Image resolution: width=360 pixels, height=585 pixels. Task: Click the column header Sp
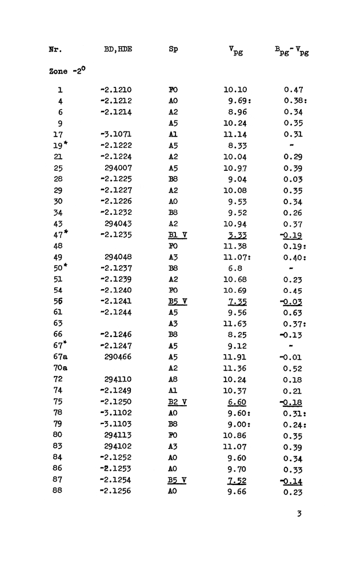(173, 49)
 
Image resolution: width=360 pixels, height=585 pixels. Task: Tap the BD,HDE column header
(118, 49)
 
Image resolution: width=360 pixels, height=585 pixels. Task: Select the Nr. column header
(55, 49)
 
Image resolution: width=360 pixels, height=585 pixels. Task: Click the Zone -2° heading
(67, 71)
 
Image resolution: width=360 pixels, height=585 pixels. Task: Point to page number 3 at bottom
(299, 514)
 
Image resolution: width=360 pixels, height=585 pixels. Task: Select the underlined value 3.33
(237, 235)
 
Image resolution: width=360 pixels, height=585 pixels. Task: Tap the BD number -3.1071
(116, 134)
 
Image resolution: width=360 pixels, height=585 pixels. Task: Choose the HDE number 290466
(118, 357)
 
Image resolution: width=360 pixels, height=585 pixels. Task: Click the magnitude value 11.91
(235, 357)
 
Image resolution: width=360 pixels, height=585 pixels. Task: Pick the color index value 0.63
(293, 313)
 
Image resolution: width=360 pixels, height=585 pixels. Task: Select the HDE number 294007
(118, 168)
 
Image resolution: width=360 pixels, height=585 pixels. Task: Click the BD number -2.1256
(116, 491)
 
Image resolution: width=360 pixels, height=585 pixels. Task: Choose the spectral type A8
(173, 379)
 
